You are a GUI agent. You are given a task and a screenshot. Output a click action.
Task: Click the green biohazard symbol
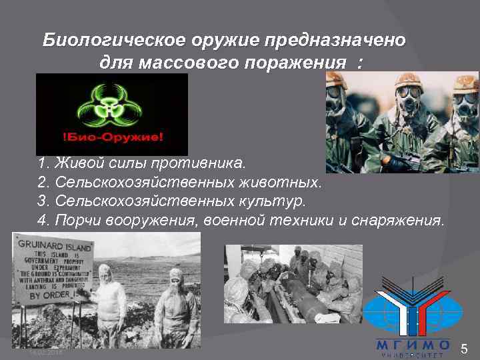point(111,106)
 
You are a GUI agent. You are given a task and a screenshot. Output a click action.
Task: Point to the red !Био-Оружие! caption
point(111,141)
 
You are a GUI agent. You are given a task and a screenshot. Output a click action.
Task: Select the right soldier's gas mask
point(464,103)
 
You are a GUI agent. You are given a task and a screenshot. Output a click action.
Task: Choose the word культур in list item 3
point(273,201)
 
